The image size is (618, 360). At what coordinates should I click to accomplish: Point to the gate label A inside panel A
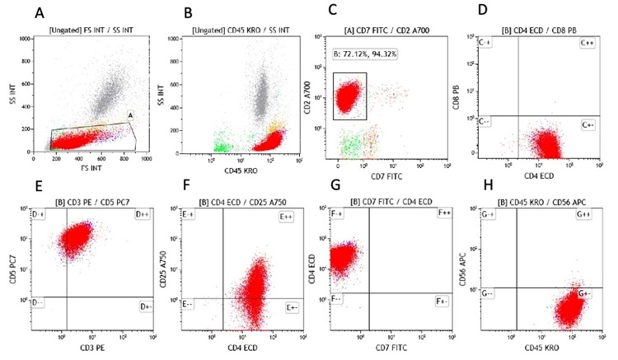130,116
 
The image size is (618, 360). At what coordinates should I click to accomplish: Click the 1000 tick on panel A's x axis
145,159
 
